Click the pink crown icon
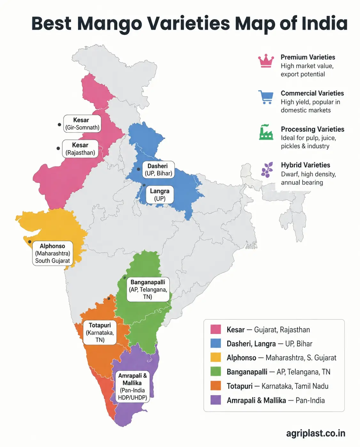(266, 61)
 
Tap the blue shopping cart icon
(266, 97)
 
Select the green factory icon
(266, 132)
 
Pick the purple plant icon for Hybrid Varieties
(267, 169)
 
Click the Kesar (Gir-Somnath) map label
(82, 124)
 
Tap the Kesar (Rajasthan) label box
(80, 149)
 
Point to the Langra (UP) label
(160, 195)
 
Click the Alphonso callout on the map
(52, 253)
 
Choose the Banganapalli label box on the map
(148, 290)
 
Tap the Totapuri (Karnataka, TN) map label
(100, 332)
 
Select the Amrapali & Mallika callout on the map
(132, 386)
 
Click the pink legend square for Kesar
(215, 329)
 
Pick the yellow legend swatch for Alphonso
(215, 357)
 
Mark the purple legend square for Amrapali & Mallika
(215, 400)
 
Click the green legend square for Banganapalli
(215, 371)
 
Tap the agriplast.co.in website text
(316, 433)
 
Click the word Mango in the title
(109, 24)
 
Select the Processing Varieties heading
(312, 129)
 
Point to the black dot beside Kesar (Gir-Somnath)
(59, 124)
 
